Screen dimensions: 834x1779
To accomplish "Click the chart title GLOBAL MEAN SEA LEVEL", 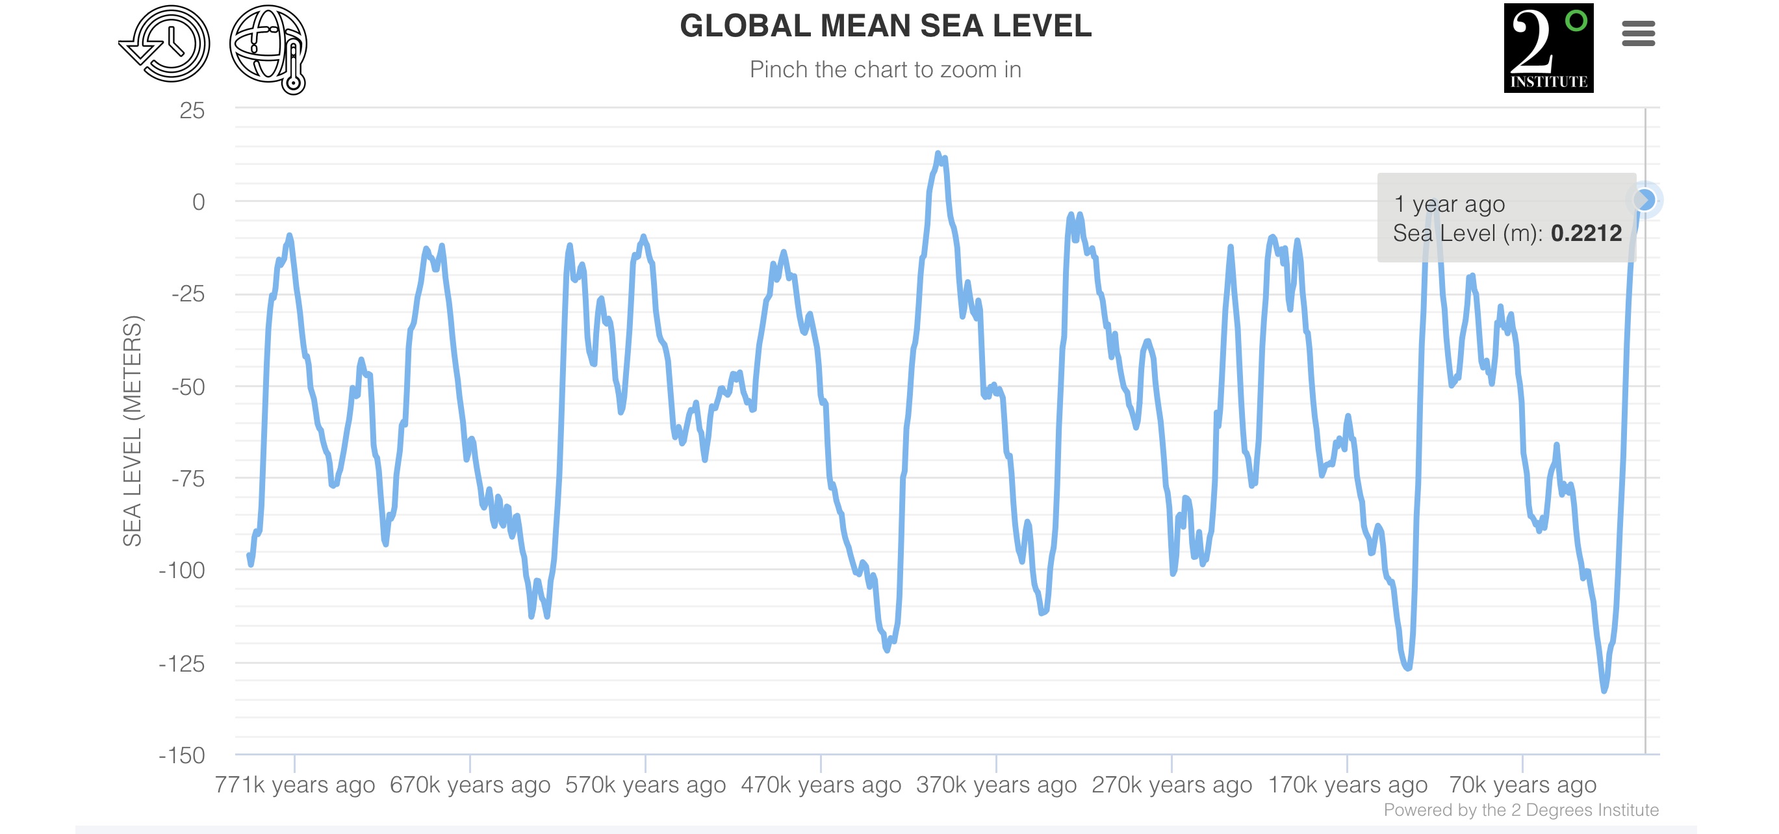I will point(886,26).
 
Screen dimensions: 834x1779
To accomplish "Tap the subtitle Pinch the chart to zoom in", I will point(886,69).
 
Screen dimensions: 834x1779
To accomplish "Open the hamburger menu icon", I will point(1638,33).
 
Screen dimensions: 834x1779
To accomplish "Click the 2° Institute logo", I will point(1548,47).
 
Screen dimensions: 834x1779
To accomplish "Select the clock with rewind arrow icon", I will point(166,44).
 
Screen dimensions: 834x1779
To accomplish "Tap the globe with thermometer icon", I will point(270,48).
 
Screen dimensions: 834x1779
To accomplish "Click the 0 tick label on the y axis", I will point(198,202).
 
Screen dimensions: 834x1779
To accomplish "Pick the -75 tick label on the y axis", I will point(188,479).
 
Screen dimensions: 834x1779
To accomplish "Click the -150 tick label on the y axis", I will point(183,755).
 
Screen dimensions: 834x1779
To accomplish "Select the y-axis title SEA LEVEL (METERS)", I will point(132,431).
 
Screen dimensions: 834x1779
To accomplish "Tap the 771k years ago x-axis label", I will point(295,785).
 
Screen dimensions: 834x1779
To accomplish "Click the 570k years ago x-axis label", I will point(646,785).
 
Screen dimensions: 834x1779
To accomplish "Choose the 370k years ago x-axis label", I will point(997,785).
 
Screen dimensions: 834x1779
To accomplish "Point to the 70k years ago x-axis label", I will point(1523,785).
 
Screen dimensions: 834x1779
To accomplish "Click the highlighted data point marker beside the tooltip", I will point(1645,200).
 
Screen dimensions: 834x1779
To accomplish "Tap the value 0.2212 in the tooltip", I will point(1585,233).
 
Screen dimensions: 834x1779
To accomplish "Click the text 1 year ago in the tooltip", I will point(1449,205).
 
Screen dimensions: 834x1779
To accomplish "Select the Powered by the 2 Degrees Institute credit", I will point(1520,810).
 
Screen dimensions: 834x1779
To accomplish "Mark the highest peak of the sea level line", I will point(937,153).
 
